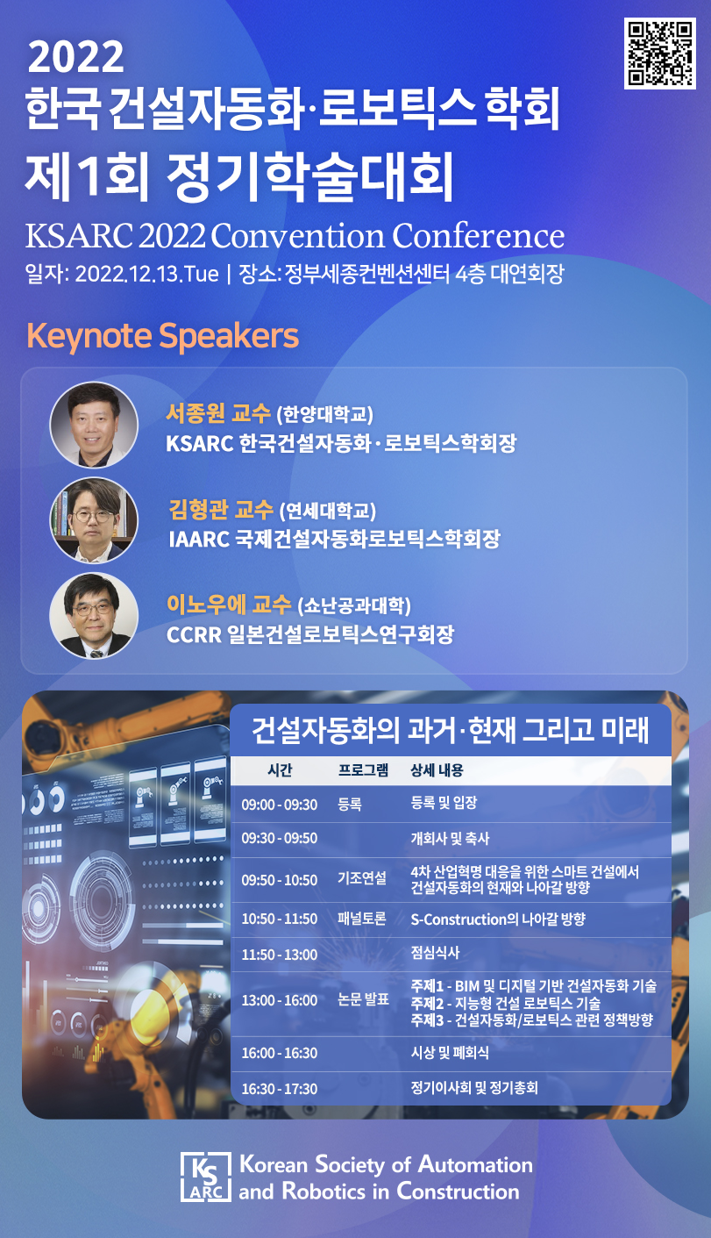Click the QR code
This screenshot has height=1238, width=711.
(659, 53)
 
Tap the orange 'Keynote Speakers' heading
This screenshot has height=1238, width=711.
(162, 336)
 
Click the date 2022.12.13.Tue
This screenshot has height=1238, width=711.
(147, 274)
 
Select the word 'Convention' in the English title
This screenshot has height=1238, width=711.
(298, 236)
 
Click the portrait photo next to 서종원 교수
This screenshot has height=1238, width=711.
(93, 425)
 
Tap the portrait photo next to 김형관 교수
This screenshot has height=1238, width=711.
(93, 520)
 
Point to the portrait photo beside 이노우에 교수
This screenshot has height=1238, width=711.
(93, 616)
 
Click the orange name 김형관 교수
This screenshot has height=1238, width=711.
(221, 510)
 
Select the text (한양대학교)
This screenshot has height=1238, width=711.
(325, 414)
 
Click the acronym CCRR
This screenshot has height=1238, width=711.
(194, 635)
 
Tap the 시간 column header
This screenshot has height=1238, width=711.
(280, 769)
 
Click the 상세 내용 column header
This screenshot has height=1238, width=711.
(437, 769)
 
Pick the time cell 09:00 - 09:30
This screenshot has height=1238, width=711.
(279, 805)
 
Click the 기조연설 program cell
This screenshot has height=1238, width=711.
(362, 878)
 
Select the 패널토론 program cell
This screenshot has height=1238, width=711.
(362, 919)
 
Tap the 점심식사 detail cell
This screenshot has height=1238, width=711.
(435, 952)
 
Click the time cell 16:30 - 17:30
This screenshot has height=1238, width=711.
(279, 1089)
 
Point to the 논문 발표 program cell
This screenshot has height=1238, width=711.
(364, 999)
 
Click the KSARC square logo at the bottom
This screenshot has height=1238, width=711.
(206, 1177)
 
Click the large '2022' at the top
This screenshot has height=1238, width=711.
(75, 57)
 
